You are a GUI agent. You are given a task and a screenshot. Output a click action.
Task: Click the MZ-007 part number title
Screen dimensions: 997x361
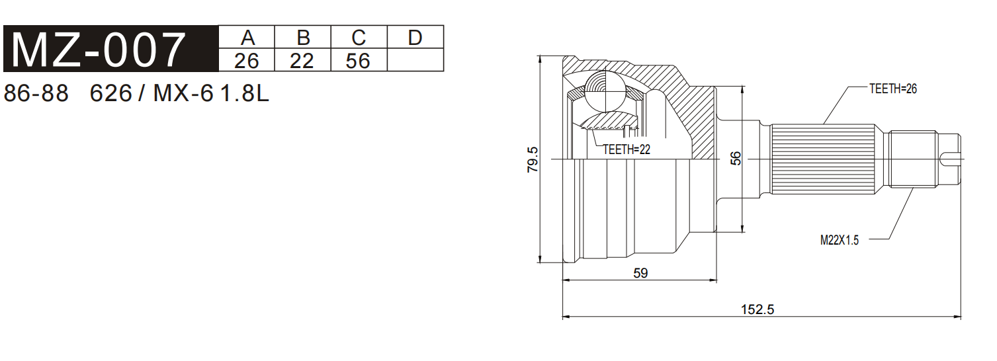98,50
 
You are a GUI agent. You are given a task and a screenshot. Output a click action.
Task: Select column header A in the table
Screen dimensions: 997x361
247,38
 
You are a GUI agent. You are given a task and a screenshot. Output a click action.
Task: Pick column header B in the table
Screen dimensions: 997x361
303,38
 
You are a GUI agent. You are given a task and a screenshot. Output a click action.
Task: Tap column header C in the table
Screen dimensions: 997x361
359,38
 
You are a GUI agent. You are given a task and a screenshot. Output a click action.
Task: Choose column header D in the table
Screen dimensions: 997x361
415,38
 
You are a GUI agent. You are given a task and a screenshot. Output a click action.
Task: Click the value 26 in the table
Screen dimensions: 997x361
247,61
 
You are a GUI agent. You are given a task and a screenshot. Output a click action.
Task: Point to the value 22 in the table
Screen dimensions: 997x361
302,61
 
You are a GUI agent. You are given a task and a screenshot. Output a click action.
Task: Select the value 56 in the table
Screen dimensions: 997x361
358,61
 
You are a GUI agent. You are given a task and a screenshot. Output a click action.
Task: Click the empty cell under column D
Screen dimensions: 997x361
415,60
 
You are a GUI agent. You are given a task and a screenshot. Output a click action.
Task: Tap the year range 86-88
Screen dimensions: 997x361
36,93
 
